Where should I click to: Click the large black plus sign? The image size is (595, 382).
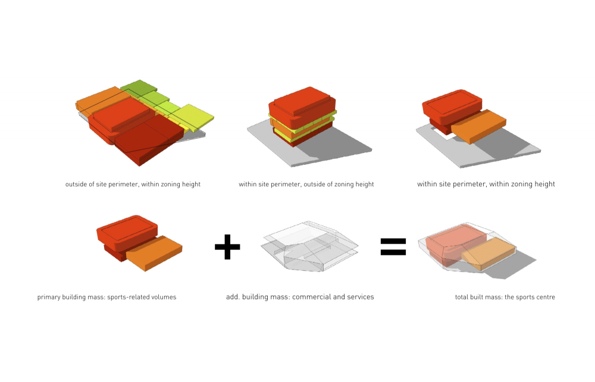227,246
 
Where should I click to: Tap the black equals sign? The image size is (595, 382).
393,246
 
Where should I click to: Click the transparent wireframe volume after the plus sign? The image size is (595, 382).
309,247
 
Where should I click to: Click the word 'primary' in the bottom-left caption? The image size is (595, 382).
49,297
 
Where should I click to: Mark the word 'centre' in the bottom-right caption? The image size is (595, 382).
545,297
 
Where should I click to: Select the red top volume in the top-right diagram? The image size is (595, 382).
452,105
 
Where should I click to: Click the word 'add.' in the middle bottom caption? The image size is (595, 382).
233,297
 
